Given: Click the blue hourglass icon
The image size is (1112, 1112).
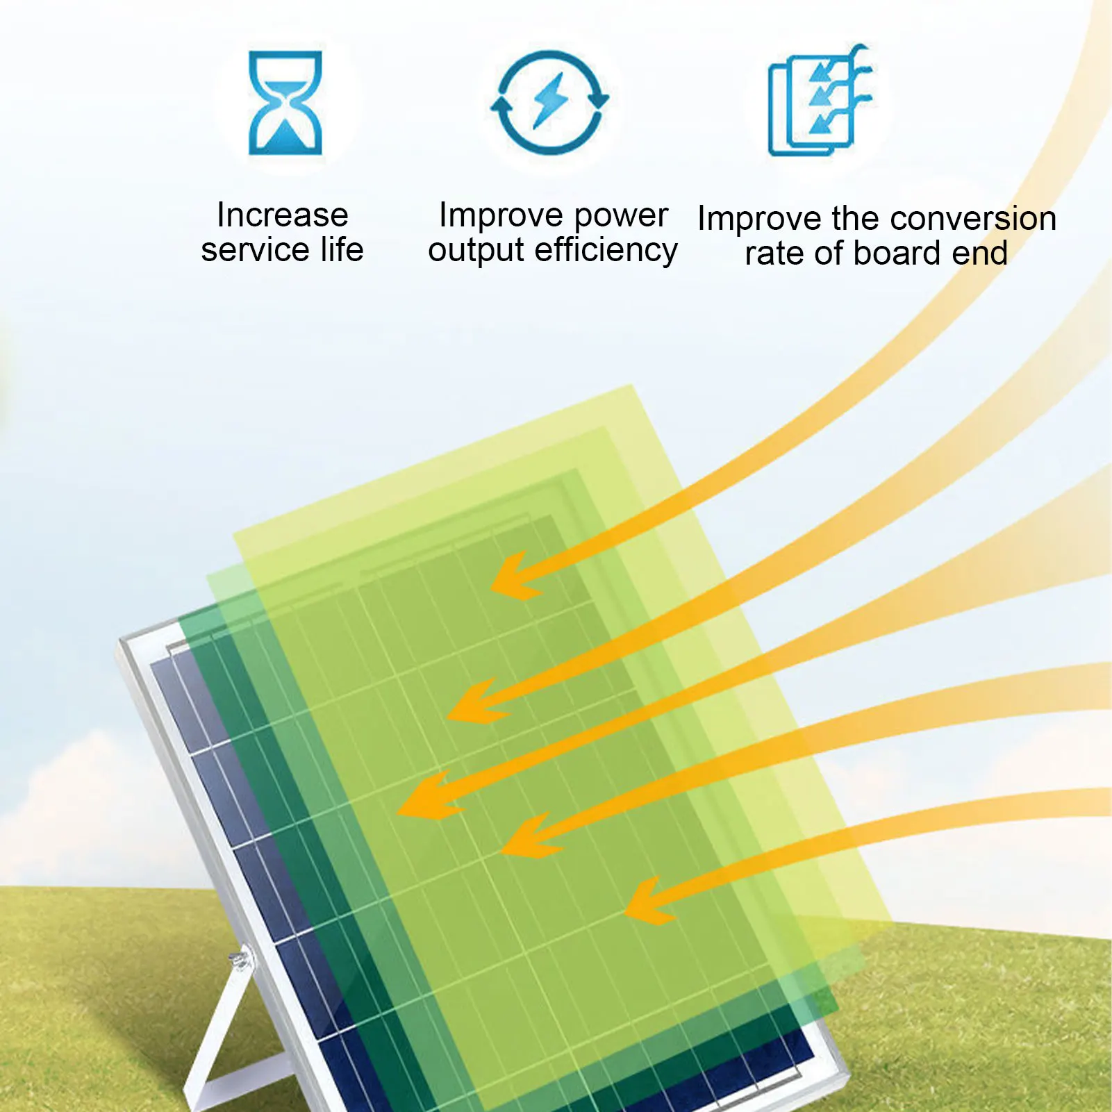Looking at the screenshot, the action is (x=285, y=103).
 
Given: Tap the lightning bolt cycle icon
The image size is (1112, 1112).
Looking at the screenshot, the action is (x=549, y=102).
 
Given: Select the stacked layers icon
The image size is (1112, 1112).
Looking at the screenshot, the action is (x=820, y=101).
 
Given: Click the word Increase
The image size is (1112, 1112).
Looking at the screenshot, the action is (x=282, y=215).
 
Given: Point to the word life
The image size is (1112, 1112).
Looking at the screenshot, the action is (x=342, y=249).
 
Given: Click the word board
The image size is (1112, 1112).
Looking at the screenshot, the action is (x=897, y=253).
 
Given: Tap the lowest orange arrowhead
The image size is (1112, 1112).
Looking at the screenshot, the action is (x=652, y=900).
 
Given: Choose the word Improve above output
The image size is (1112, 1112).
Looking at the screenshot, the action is (x=501, y=217).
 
